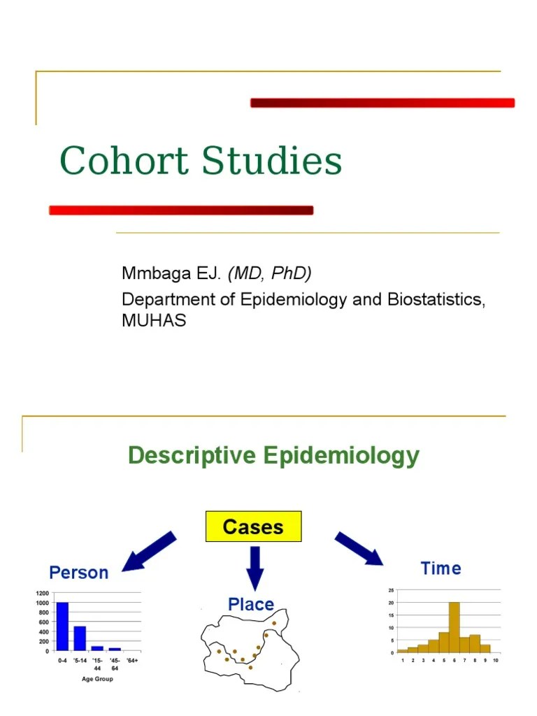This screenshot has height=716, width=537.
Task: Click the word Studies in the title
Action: tap(272, 161)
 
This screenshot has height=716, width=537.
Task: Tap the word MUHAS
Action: tap(154, 321)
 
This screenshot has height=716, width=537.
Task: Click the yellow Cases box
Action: tap(252, 527)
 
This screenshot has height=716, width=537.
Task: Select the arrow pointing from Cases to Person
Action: tap(150, 551)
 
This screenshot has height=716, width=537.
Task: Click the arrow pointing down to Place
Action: tap(255, 567)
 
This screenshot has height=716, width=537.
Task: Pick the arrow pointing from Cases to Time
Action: tap(359, 548)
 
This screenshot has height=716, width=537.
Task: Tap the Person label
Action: tap(79, 573)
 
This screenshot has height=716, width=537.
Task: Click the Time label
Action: tap(441, 568)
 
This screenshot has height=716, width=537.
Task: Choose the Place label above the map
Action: tap(251, 604)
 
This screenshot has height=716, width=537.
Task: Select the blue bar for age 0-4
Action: tap(63, 626)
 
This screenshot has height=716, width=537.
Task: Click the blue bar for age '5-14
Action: tap(80, 638)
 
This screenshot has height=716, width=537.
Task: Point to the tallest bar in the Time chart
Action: tap(454, 627)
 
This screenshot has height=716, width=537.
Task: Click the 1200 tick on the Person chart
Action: tap(42, 593)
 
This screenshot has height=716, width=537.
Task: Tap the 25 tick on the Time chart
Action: tap(391, 591)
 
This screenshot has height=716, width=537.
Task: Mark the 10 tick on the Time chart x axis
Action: tap(495, 660)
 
